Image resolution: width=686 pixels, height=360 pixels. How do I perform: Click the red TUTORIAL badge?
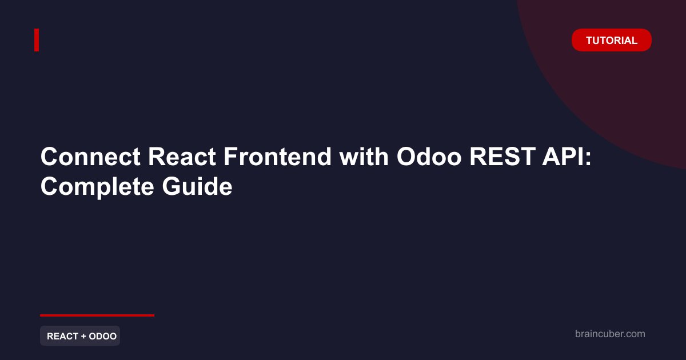(x=612, y=40)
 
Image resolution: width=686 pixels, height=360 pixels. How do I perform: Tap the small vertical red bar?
(x=37, y=40)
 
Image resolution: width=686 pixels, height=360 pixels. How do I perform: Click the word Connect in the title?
(x=91, y=157)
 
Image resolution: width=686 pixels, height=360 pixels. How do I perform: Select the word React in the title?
(x=182, y=157)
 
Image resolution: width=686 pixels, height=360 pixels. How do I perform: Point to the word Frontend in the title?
(x=277, y=157)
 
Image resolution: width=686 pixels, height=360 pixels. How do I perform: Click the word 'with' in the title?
(x=364, y=157)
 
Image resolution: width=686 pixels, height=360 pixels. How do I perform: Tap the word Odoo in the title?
(x=429, y=157)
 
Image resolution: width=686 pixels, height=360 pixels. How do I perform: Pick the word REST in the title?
(x=502, y=157)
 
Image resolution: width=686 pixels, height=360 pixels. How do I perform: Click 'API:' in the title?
(x=567, y=157)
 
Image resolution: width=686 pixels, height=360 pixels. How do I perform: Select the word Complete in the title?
(x=97, y=187)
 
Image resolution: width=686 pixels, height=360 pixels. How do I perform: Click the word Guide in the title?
(x=197, y=186)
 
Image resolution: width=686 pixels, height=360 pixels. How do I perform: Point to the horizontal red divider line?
(x=97, y=315)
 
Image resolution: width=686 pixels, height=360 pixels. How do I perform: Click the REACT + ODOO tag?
(x=80, y=336)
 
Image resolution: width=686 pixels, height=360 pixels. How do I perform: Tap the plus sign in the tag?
(x=83, y=337)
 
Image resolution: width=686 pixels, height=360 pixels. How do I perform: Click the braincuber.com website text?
(x=610, y=334)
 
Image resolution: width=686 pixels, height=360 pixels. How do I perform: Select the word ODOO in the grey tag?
(x=102, y=336)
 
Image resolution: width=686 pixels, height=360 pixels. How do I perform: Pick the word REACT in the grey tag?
(x=63, y=336)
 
